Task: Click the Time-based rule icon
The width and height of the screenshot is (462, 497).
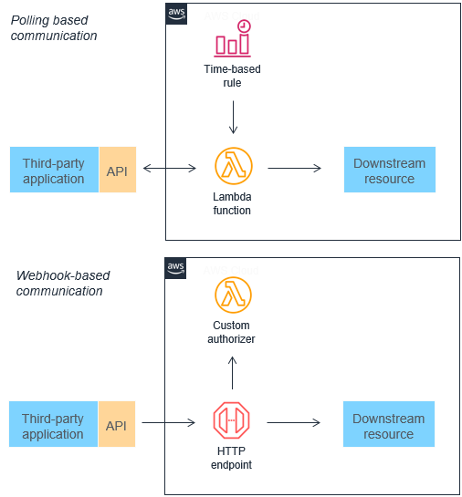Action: coord(233,38)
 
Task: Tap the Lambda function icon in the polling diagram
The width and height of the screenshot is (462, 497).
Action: coord(233,168)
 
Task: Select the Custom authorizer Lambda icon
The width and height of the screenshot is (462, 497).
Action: coord(233,295)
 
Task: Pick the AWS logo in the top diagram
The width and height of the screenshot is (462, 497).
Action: coord(177,14)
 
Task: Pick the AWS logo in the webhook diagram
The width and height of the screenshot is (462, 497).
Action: coord(176,267)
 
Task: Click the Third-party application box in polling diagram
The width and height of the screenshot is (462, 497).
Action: coord(54,171)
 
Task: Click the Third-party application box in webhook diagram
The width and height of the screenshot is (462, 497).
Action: coord(54,426)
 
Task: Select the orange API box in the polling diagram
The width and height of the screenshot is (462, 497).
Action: coord(117,171)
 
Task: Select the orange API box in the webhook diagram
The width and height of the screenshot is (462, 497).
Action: coord(116,426)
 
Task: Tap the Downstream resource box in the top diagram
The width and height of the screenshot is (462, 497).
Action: coord(389,171)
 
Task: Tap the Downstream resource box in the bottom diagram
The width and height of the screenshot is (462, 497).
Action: coord(388,426)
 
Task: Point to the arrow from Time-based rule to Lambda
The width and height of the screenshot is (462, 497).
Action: coord(233,117)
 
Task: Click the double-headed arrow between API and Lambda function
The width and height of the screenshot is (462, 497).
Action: coord(170,168)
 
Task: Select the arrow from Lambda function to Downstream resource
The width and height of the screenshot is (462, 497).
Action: coord(294,168)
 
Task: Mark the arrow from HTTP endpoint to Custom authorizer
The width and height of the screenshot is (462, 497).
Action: coord(233,373)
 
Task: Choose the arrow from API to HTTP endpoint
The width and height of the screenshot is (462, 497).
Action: coord(169,422)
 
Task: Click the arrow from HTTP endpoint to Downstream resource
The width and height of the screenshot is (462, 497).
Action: coord(294,422)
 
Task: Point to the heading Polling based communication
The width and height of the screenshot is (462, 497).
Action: coord(54,28)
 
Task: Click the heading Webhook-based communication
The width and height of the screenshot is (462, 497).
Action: coord(60,283)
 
